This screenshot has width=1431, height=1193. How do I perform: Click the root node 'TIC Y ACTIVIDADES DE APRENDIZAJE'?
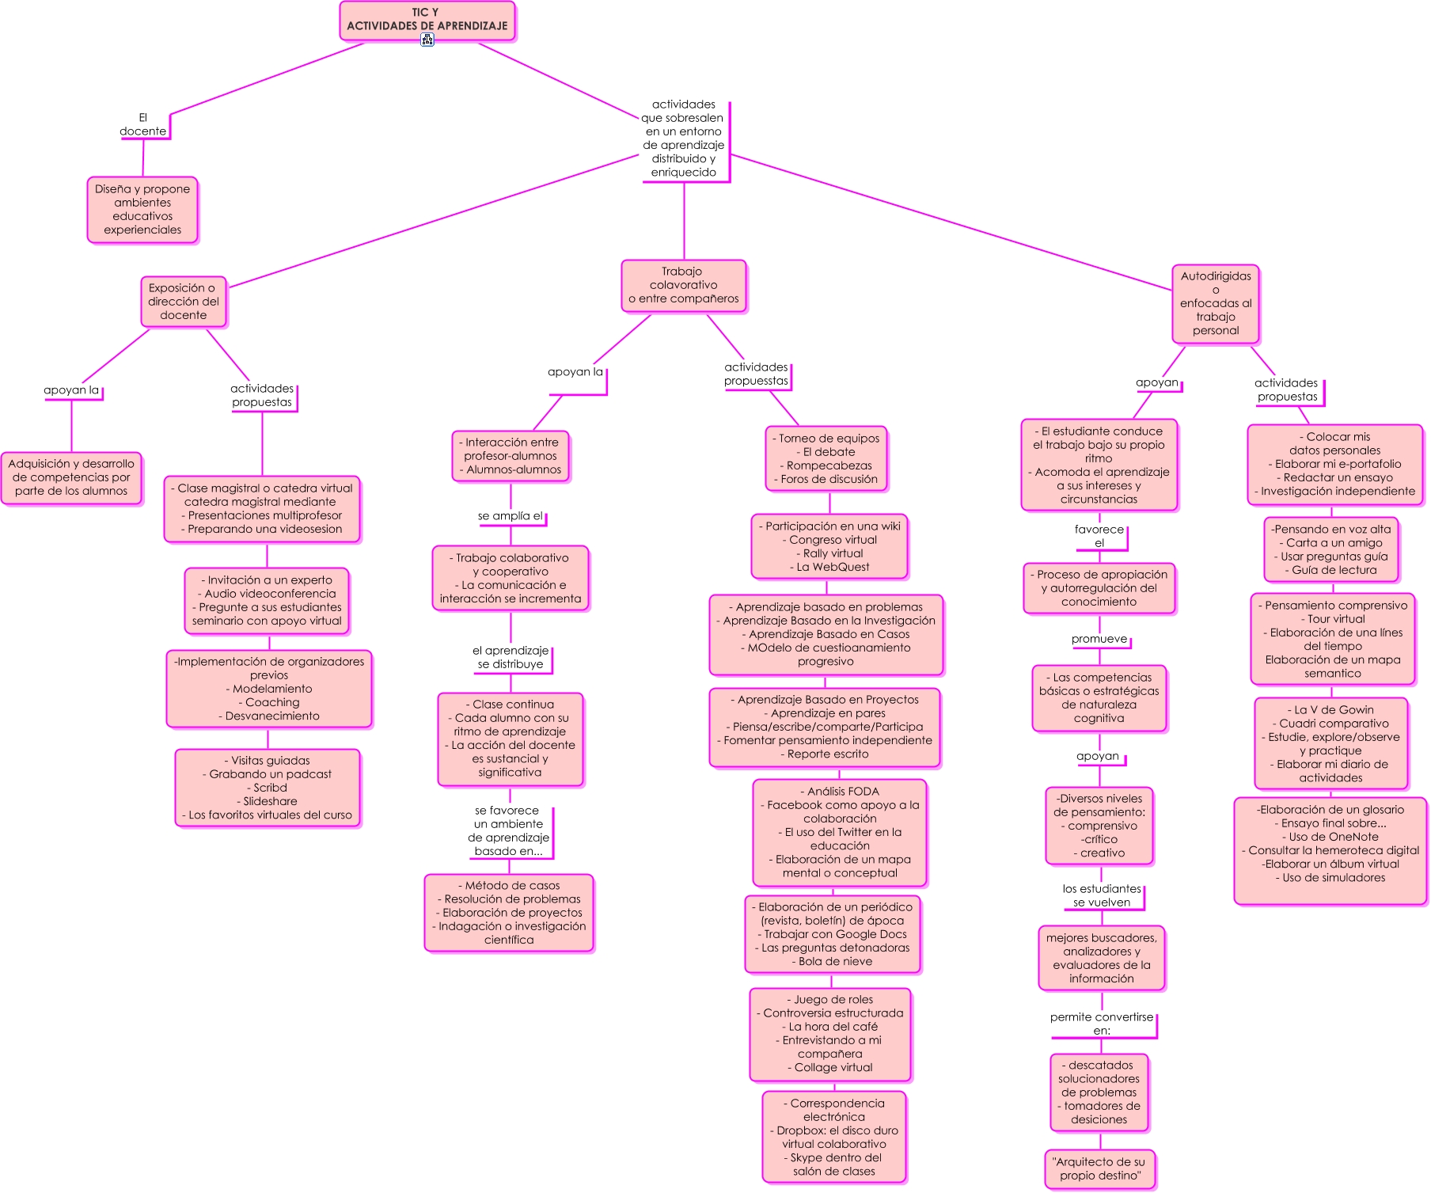pyautogui.click(x=427, y=20)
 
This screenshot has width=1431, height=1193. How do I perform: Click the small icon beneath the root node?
pyautogui.click(x=427, y=40)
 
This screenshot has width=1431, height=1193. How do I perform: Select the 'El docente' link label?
pyautogui.click(x=143, y=124)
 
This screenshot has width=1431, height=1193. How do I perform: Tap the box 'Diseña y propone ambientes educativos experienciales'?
pyautogui.click(x=142, y=210)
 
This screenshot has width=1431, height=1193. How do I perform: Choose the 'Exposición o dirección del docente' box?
pyautogui.click(x=184, y=302)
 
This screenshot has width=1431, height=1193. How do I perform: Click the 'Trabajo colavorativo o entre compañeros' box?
pyautogui.click(x=684, y=286)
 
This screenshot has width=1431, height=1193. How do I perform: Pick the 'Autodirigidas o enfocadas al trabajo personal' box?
pyautogui.click(x=1216, y=304)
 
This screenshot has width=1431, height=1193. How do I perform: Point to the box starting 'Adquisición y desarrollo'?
pyautogui.click(x=71, y=477)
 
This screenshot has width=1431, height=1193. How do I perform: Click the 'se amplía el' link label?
pyautogui.click(x=511, y=516)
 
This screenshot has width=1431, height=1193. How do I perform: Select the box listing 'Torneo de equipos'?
pyautogui.click(x=827, y=459)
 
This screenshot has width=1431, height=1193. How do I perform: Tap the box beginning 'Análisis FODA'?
pyautogui.click(x=840, y=833)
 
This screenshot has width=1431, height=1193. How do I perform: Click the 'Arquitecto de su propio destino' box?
pyautogui.click(x=1100, y=1169)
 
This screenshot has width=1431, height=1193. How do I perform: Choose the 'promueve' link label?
pyautogui.click(x=1099, y=640)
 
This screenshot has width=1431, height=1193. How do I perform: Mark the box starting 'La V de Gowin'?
pyautogui.click(x=1332, y=744)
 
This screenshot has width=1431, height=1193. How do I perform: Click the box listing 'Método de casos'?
pyautogui.click(x=510, y=913)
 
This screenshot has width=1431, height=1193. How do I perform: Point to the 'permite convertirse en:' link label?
pyautogui.click(x=1102, y=1024)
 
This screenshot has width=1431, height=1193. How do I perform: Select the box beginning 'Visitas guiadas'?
pyautogui.click(x=268, y=788)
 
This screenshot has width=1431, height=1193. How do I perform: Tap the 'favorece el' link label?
pyautogui.click(x=1099, y=536)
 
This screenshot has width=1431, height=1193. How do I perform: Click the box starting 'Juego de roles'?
pyautogui.click(x=831, y=1034)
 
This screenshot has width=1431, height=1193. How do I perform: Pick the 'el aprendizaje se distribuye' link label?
pyautogui.click(x=511, y=658)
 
